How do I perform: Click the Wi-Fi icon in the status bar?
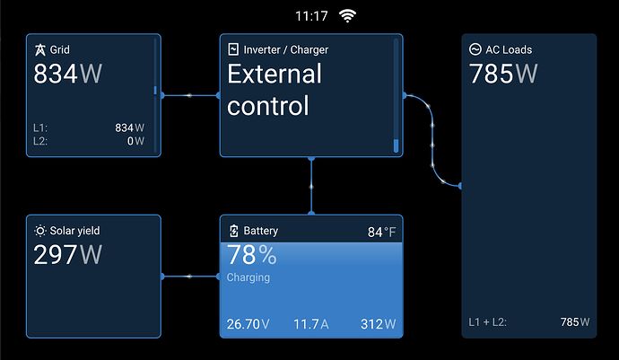(347, 16)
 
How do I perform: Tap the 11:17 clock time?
(311, 16)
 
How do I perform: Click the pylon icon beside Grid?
(39, 49)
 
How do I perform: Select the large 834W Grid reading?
(68, 74)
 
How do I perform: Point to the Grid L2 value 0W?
(135, 141)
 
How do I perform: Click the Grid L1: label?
(40, 128)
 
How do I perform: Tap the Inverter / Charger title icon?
(233, 49)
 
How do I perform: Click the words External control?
(275, 90)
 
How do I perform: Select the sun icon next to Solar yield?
(39, 231)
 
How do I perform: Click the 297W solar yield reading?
(68, 254)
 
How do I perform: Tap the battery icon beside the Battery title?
(234, 231)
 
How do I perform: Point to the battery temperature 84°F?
(381, 232)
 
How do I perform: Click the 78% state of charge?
(252, 255)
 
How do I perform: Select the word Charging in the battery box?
(248, 277)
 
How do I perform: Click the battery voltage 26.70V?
(248, 324)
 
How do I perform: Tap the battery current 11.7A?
(311, 324)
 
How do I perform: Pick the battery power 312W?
(379, 324)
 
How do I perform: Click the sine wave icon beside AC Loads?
(475, 49)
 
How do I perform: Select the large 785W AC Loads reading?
(503, 74)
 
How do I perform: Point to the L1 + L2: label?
(487, 322)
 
